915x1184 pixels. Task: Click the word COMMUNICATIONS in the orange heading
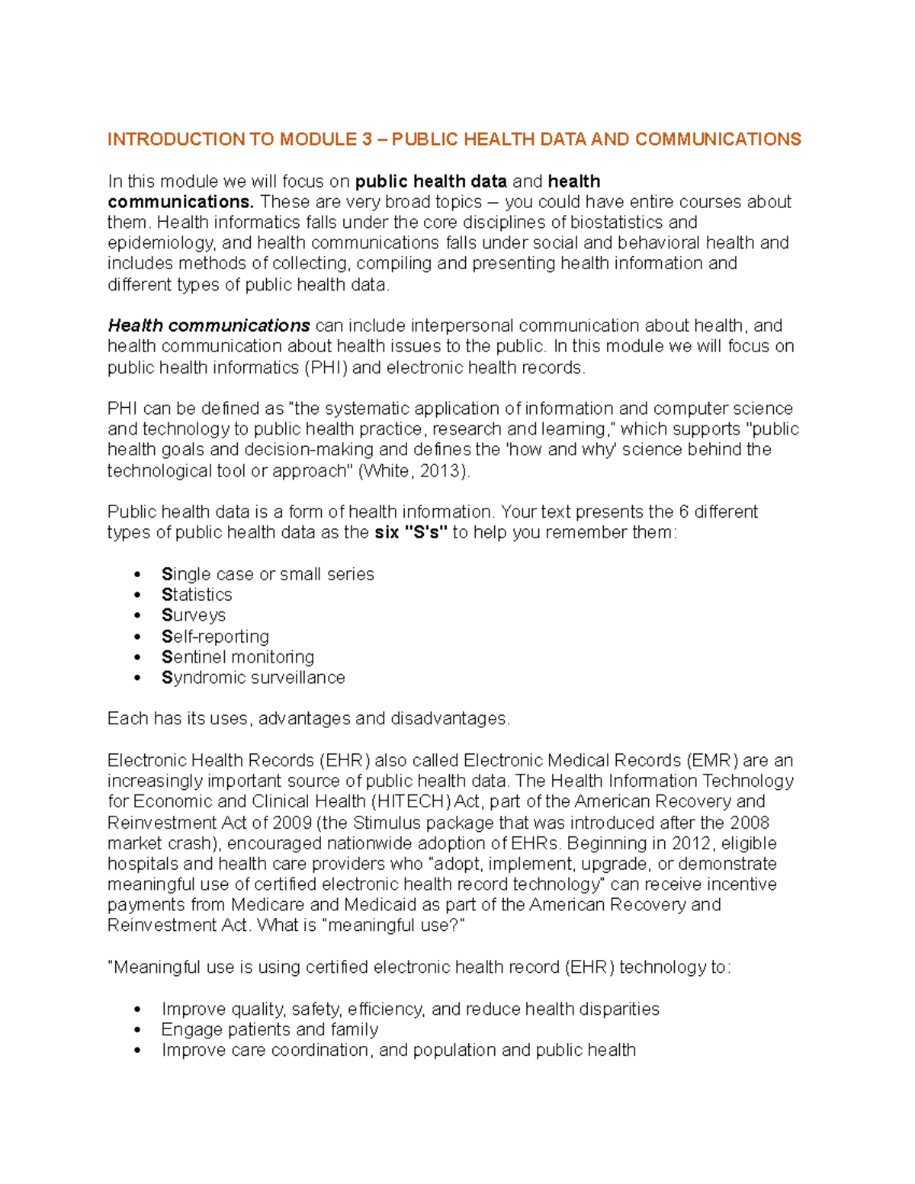pyautogui.click(x=718, y=140)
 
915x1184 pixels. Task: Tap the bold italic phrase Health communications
pyautogui.click(x=208, y=326)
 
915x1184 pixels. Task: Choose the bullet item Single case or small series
pyautogui.click(x=268, y=574)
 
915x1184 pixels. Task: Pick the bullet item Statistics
pyautogui.click(x=197, y=595)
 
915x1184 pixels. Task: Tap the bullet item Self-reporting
pyautogui.click(x=215, y=637)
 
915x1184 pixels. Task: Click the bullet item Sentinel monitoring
pyautogui.click(x=237, y=657)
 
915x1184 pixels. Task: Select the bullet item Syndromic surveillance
pyautogui.click(x=253, y=678)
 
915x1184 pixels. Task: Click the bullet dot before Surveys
pyautogui.click(x=137, y=616)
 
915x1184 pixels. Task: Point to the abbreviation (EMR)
pyautogui.click(x=711, y=761)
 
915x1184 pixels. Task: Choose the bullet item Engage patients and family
pyautogui.click(x=270, y=1030)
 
